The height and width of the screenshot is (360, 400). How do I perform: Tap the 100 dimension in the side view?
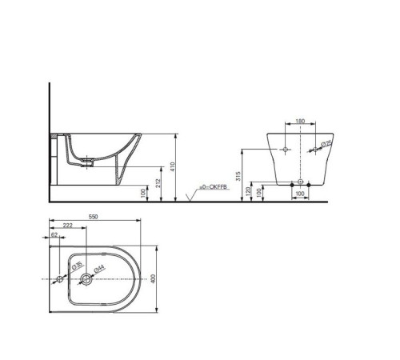pos(142,192)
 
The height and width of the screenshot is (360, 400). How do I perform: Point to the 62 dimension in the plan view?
pos(54,237)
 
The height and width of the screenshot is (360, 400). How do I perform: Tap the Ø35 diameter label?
pos(78,266)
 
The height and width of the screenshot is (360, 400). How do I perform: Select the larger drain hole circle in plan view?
pos(85,280)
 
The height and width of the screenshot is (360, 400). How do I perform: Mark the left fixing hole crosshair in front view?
pos(285,150)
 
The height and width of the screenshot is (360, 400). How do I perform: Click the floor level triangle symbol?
pos(188,195)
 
